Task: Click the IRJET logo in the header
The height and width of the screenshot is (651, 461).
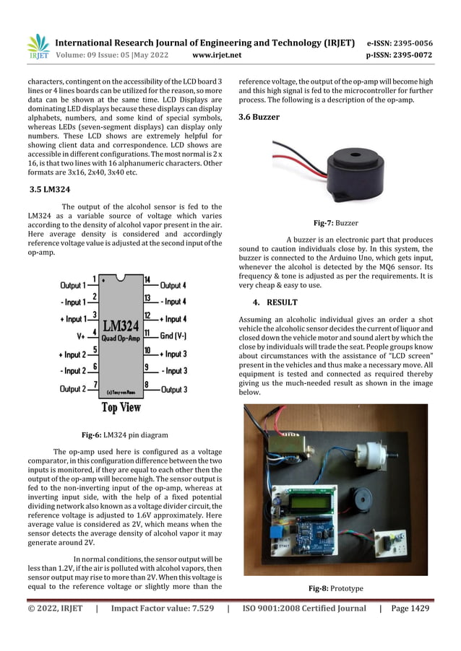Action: click(37, 46)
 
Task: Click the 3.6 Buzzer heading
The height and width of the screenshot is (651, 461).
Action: click(259, 117)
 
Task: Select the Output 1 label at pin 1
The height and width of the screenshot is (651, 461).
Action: click(76, 284)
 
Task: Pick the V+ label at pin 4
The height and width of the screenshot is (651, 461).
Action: click(81, 336)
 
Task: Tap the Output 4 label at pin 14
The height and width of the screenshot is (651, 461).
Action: click(173, 285)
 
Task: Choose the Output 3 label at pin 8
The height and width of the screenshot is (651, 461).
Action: click(173, 390)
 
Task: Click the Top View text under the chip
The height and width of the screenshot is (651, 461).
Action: click(121, 407)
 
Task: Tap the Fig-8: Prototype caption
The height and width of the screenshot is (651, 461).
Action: click(335, 589)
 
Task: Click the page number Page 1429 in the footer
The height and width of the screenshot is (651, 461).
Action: click(410, 608)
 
